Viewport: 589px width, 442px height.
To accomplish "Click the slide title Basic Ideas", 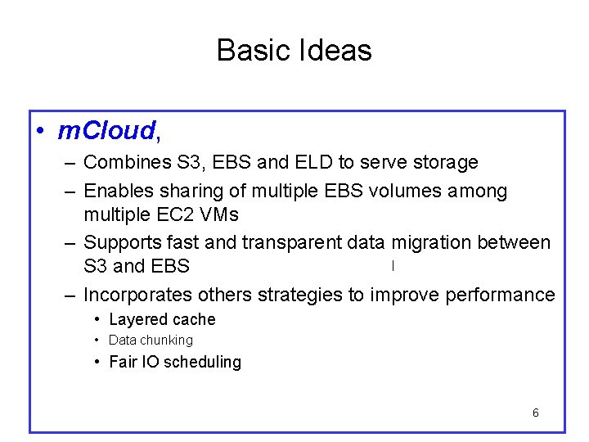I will click(294, 51).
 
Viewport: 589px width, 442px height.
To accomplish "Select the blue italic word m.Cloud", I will click(106, 130).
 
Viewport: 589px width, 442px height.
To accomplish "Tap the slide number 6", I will click(535, 413).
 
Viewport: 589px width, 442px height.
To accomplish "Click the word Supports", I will click(120, 243).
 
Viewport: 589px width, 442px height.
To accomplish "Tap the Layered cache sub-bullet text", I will click(162, 320).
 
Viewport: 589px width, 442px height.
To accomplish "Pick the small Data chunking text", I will click(151, 341).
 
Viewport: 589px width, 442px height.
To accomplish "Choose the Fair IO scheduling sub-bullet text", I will click(174, 362).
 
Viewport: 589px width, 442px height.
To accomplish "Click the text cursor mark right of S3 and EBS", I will click(393, 265).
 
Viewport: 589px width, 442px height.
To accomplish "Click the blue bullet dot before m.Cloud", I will click(40, 131).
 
